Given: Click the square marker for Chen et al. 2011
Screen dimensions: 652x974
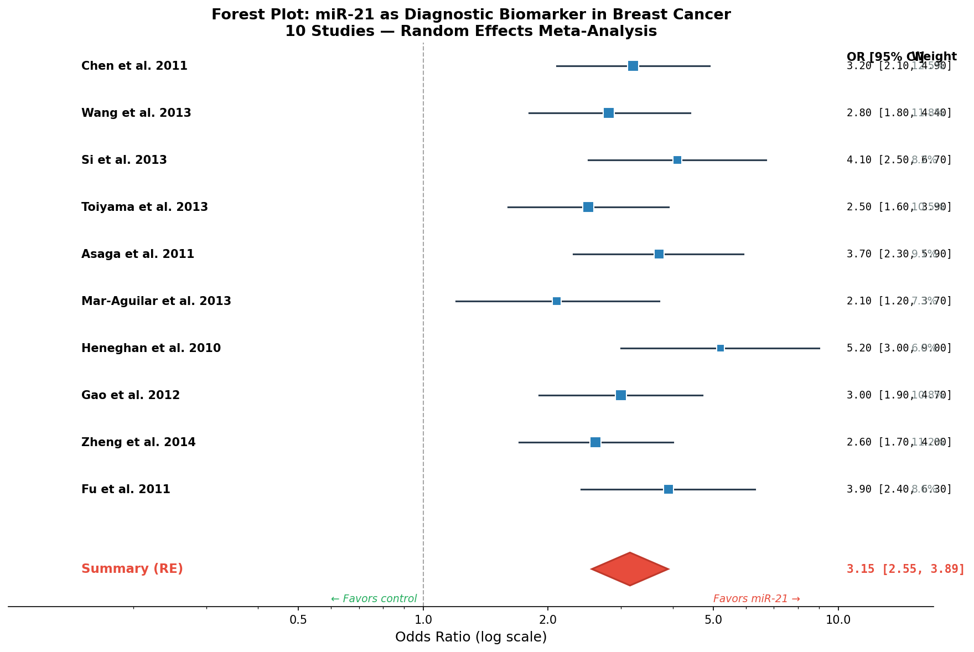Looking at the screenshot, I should coord(633,66).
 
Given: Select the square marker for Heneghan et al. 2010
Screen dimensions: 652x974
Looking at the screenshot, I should coord(720,348).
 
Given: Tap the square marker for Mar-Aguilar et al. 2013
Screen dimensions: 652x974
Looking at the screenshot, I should coord(556,301).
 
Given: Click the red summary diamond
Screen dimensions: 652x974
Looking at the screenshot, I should coord(630,569).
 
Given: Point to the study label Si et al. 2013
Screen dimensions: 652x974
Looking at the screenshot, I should coord(124,160).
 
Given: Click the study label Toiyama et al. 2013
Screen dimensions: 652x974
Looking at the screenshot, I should coord(144,207).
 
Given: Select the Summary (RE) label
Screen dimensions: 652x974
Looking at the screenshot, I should coord(132,569).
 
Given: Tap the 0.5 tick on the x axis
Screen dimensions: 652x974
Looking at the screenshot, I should coord(298,619).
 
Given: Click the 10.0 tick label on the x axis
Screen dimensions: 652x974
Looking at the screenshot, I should coord(838,619).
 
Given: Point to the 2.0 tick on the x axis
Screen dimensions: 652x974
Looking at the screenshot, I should coord(548,619).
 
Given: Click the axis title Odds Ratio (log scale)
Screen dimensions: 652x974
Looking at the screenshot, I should coord(470,637).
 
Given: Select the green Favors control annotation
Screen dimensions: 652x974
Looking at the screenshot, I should coord(374,599).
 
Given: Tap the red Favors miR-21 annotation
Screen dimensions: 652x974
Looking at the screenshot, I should coord(757,599).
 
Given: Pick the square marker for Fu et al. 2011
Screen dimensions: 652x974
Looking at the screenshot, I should coord(668,489).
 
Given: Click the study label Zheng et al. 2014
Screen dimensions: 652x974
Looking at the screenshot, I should coord(138,442).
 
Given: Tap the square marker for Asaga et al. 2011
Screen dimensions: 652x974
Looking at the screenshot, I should coord(659,254).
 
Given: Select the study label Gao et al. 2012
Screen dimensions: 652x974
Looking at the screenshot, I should coord(131,395).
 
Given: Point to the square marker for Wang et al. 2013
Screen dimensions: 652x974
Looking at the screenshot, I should coord(608,113).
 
